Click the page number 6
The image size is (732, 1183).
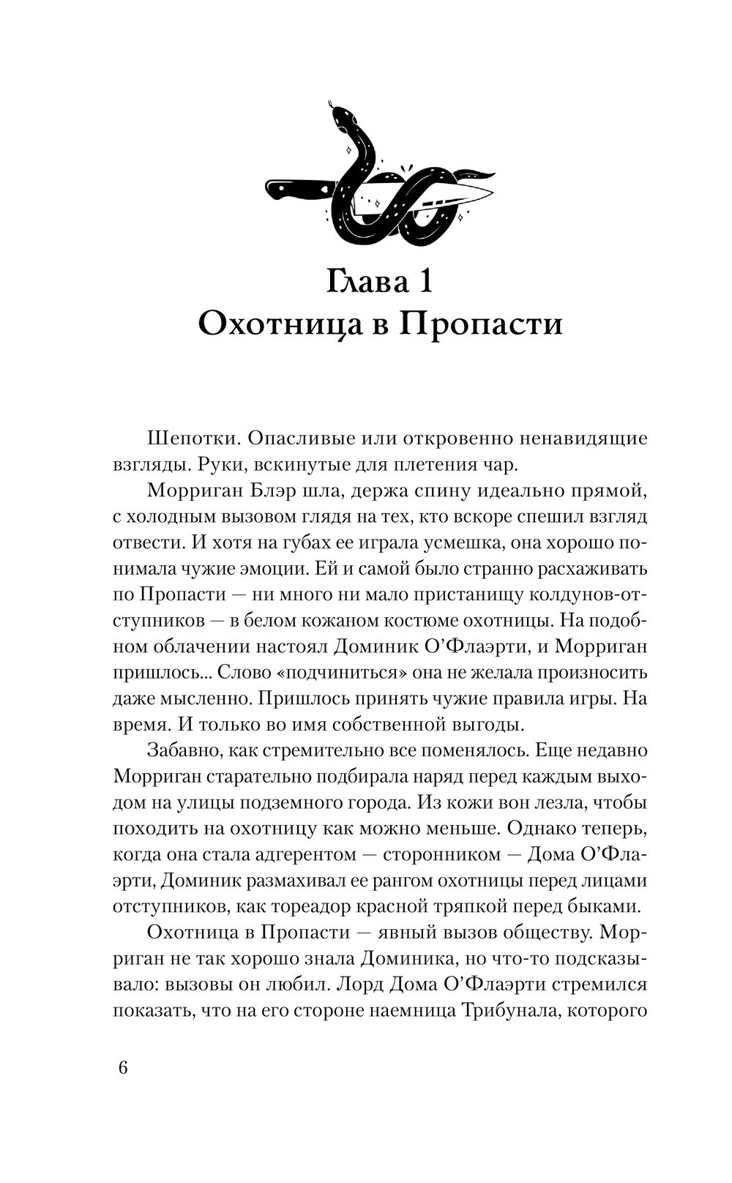point(122,1068)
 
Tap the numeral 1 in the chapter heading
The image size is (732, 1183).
point(423,282)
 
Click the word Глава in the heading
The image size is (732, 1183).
point(359,282)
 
